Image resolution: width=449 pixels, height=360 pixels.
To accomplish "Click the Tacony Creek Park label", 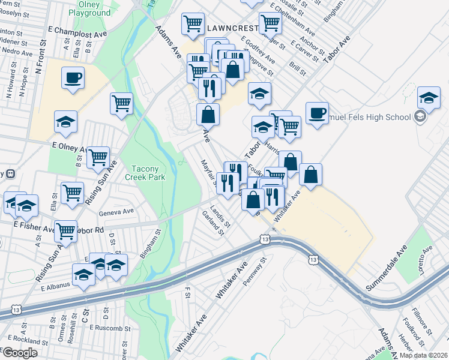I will [x=139, y=173].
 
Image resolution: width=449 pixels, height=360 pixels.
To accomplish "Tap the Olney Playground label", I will [x=89, y=8].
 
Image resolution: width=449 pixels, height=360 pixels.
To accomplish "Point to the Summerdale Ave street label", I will [x=387, y=268].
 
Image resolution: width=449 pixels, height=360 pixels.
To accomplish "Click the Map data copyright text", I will [x=424, y=355].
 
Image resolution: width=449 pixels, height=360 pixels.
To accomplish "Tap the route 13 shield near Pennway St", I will [x=265, y=239].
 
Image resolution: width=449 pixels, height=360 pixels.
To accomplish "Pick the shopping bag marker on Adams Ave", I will [x=208, y=114].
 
